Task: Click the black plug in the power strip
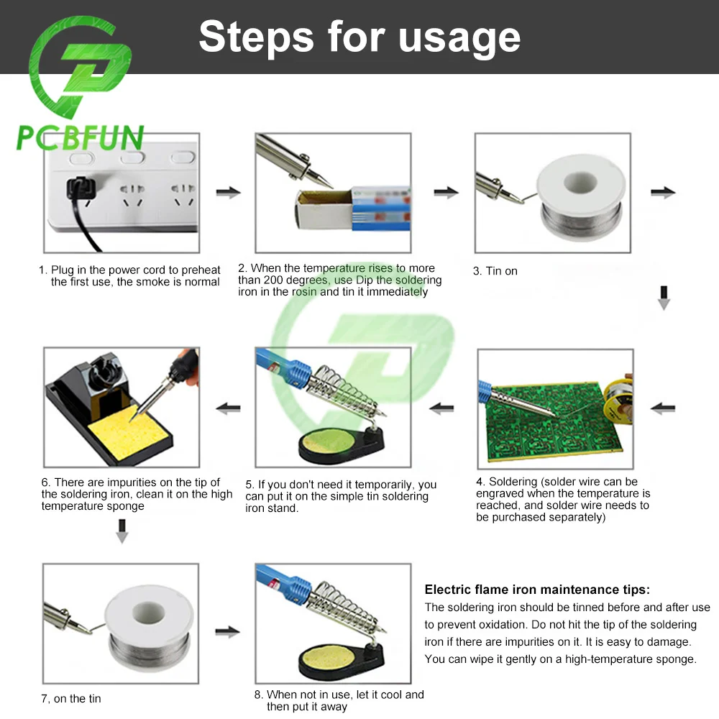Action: (x=81, y=188)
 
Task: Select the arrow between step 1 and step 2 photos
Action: (x=229, y=192)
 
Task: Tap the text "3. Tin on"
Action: (x=495, y=271)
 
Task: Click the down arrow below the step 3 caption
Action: (x=664, y=298)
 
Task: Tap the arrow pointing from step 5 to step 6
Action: (x=229, y=408)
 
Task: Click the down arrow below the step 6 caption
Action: (x=122, y=531)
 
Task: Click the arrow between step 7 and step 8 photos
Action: (x=227, y=632)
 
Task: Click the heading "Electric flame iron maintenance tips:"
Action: (x=537, y=590)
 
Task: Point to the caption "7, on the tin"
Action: (x=71, y=698)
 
